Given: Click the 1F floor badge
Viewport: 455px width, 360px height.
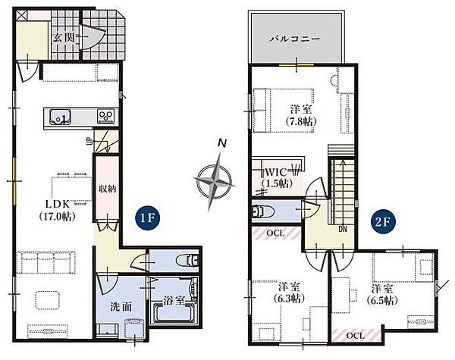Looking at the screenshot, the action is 147,218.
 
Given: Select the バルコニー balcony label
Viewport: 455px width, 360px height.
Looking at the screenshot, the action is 295,39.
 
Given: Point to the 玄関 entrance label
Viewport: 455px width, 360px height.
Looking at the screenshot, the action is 64,38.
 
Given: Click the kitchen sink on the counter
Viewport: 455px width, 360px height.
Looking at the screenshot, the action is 61,117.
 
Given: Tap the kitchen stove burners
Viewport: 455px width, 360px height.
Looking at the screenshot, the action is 107,117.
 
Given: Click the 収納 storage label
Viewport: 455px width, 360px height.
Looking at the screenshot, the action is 108,189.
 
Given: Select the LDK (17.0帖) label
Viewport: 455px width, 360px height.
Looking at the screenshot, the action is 58,210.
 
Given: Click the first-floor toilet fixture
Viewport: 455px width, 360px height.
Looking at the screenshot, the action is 187,260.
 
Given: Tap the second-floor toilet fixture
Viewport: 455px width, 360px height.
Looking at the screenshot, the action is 263,211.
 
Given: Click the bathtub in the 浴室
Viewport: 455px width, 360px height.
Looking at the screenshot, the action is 174,313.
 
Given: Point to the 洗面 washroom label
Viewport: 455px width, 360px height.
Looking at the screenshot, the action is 121,307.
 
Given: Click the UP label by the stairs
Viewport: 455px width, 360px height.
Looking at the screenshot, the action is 89,141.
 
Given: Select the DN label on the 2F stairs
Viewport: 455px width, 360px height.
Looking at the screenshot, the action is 343,229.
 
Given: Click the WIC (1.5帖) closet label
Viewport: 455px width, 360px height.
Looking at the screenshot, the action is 276,177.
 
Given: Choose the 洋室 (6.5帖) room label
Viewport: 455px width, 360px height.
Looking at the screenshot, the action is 382,294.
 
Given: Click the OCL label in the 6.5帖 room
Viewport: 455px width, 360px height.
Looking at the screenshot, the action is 355,336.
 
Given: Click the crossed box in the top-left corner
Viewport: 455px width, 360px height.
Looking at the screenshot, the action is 21,15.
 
